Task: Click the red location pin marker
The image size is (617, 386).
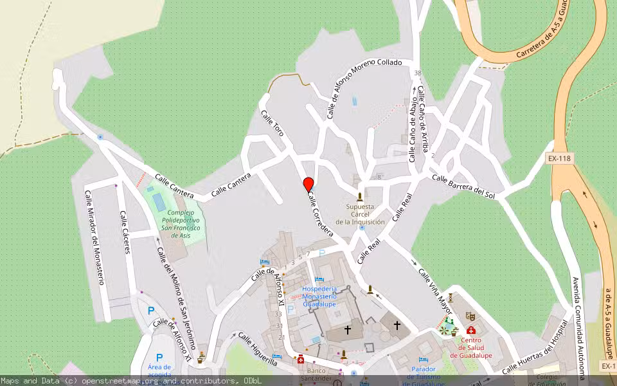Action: tap(308, 185)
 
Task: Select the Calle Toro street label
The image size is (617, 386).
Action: tap(273, 122)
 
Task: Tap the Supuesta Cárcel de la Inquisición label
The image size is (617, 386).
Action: tap(360, 214)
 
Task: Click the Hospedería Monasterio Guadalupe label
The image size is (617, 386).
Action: tap(319, 295)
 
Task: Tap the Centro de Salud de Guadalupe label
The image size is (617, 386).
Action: tap(471, 348)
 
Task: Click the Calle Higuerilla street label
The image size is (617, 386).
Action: tap(258, 349)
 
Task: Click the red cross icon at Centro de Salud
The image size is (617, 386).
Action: tap(471, 330)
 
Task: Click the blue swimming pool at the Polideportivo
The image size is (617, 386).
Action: tap(158, 202)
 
